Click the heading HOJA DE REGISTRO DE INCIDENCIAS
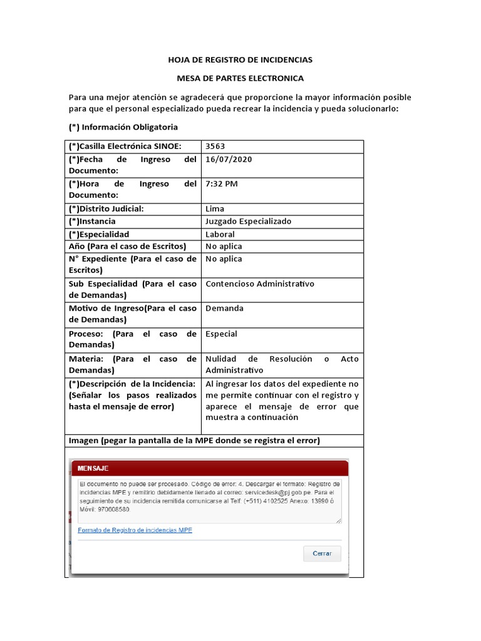[240, 60]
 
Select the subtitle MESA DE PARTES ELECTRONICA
[240, 78]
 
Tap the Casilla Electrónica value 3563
[215, 146]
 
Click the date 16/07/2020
[229, 159]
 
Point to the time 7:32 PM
[221, 184]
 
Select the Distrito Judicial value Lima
[215, 209]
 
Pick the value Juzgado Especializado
[248, 222]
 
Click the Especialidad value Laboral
[220, 234]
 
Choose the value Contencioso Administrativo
[259, 284]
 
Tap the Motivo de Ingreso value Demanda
[224, 309]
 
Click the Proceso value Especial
[221, 334]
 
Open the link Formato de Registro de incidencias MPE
[135, 530]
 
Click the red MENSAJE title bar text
[93, 468]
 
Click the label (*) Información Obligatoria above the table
[123, 127]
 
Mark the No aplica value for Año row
[224, 247]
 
